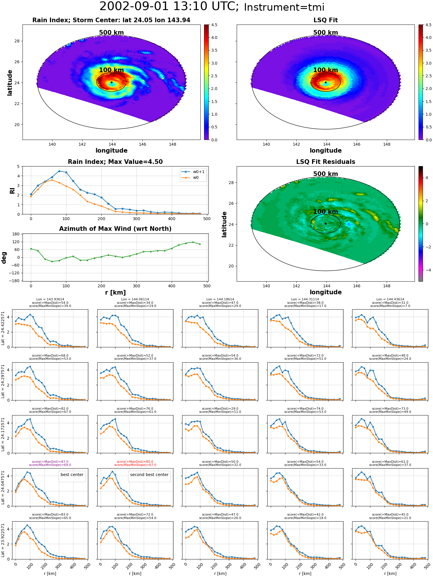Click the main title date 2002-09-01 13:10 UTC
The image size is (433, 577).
pos(169,7)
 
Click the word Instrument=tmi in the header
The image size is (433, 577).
pos(284,8)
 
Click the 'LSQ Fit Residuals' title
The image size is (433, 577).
pos(326,162)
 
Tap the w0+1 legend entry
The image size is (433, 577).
pos(193,172)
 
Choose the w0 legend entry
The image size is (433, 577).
pos(190,177)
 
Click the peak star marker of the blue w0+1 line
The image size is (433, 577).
pos(59,171)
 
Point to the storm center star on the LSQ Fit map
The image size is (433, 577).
pos(326,82)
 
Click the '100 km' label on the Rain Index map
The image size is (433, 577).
pos(111,70)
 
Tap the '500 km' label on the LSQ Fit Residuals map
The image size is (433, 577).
pos(326,174)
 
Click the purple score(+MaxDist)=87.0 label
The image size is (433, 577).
pos(50,462)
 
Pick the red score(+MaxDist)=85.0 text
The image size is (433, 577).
pos(135,462)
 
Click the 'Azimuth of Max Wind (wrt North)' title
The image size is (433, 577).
pos(115,229)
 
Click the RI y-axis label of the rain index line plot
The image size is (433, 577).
pos(12,190)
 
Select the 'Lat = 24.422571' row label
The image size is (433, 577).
pos(3,328)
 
